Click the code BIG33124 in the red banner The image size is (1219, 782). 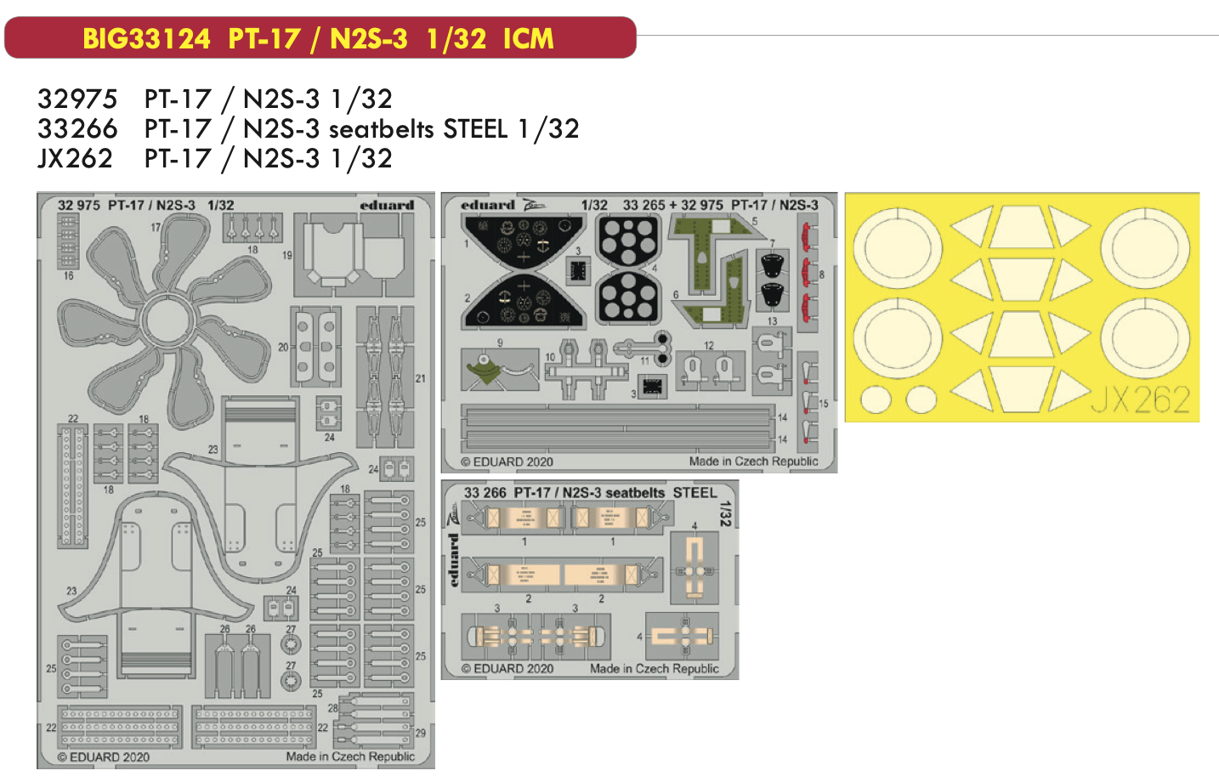click(x=146, y=38)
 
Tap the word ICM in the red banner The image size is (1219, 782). click(x=528, y=38)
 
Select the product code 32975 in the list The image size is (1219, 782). click(x=77, y=99)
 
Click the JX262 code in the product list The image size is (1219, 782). click(x=75, y=159)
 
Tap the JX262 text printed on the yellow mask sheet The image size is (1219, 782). click(x=1140, y=399)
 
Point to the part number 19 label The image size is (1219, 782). click(x=287, y=255)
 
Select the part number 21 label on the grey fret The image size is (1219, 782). click(x=420, y=378)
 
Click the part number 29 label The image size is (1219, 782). click(x=420, y=733)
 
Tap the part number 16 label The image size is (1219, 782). click(x=68, y=275)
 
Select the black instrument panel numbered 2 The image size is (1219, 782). click(x=523, y=302)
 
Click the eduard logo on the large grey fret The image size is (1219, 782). click(x=387, y=205)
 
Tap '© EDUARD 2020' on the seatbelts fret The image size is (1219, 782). click(x=507, y=669)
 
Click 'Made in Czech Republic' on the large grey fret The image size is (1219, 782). click(x=350, y=756)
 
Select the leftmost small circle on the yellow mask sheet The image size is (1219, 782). click(x=876, y=399)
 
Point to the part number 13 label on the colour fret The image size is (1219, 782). click(x=772, y=321)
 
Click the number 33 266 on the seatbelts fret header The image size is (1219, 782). click(x=485, y=493)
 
